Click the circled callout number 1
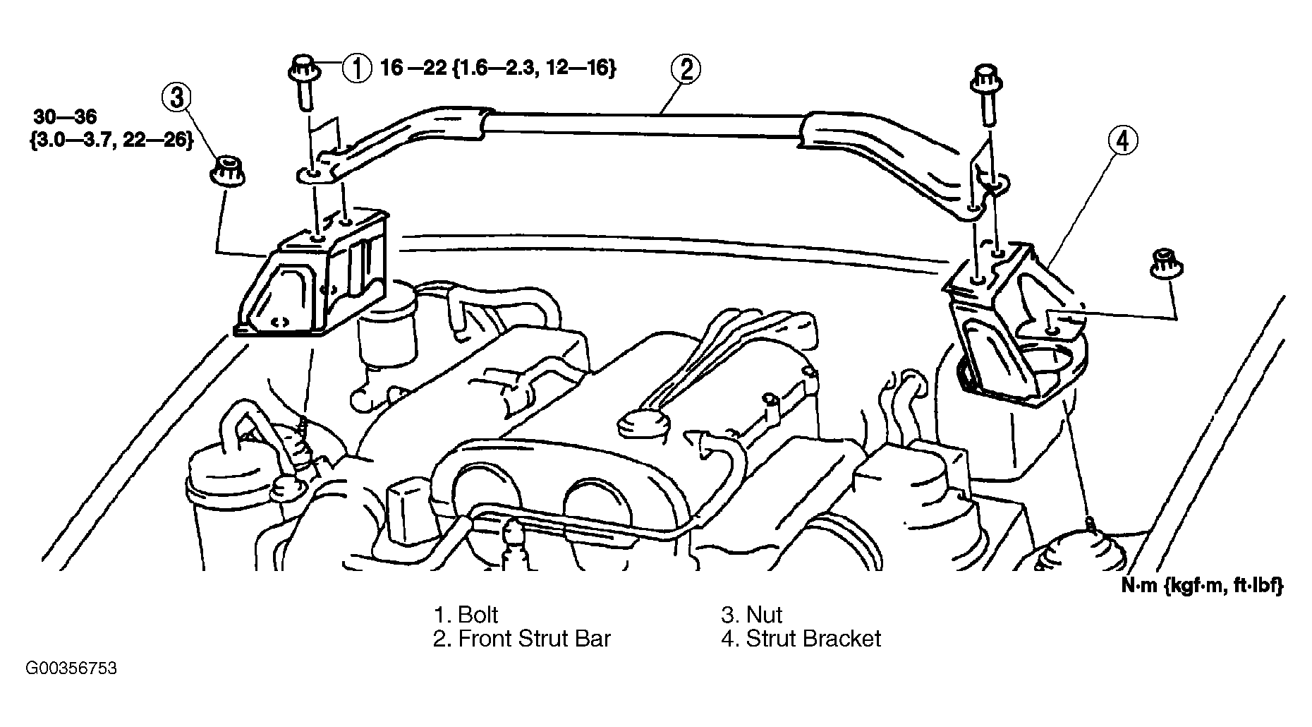357,69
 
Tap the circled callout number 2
686,69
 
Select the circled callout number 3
177,97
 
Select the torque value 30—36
65,116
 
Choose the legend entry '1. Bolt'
466,615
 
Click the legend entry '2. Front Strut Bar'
521,639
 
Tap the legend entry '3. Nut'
752,615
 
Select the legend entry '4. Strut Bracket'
801,639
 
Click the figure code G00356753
71,668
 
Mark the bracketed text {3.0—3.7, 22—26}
112,140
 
